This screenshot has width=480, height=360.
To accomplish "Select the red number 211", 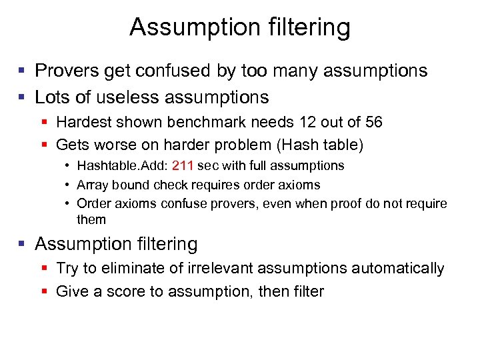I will click(183, 165).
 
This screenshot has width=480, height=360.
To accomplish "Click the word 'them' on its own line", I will click(91, 219).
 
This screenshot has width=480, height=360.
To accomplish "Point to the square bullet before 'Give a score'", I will click(45, 291).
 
